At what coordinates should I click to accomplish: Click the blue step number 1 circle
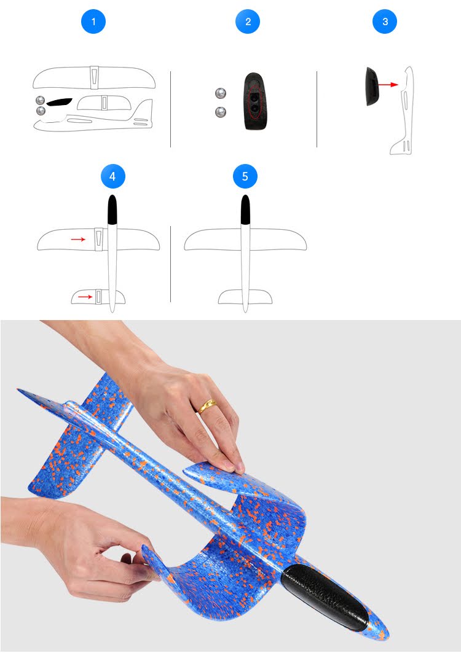pyautogui.click(x=93, y=22)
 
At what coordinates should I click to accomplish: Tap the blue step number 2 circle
pyautogui.click(x=248, y=22)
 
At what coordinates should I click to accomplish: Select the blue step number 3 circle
pyautogui.click(x=384, y=22)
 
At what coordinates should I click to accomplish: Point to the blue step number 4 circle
pyautogui.click(x=112, y=176)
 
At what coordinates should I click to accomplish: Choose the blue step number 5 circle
pyautogui.click(x=245, y=176)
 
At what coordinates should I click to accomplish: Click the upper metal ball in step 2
pyautogui.click(x=221, y=93)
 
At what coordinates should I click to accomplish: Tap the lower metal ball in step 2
pyautogui.click(x=221, y=112)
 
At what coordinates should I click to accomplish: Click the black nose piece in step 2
pyautogui.click(x=254, y=101)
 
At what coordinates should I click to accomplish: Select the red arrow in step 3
pyautogui.click(x=388, y=85)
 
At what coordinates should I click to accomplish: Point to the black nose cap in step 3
pyautogui.click(x=372, y=86)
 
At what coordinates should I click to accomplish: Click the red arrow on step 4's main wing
pyautogui.click(x=78, y=239)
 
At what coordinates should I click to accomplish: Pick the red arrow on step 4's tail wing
pyautogui.click(x=85, y=297)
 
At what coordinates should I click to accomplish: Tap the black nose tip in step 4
pyautogui.click(x=112, y=209)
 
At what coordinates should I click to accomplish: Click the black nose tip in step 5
pyautogui.click(x=245, y=209)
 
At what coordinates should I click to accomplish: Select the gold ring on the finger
pyautogui.click(x=207, y=405)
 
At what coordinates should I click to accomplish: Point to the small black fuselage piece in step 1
pyautogui.click(x=59, y=101)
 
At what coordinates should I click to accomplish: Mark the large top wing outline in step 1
pyautogui.click(x=94, y=77)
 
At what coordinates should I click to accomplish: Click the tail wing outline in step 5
pyautogui.click(x=245, y=297)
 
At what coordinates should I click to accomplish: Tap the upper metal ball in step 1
pyautogui.click(x=40, y=100)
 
